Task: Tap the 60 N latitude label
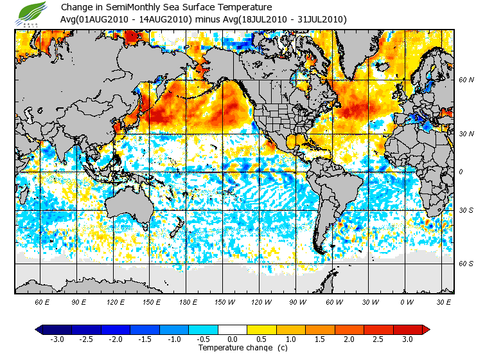point(466,80)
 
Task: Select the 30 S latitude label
point(466,210)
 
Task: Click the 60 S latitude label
point(466,264)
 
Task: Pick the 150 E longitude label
point(152,301)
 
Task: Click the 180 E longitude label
point(189,301)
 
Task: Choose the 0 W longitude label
point(406,301)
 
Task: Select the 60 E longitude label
point(42,301)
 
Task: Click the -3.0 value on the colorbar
point(57,339)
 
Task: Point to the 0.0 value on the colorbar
point(233,339)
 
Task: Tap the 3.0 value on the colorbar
point(408,339)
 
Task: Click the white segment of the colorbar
point(233,329)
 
